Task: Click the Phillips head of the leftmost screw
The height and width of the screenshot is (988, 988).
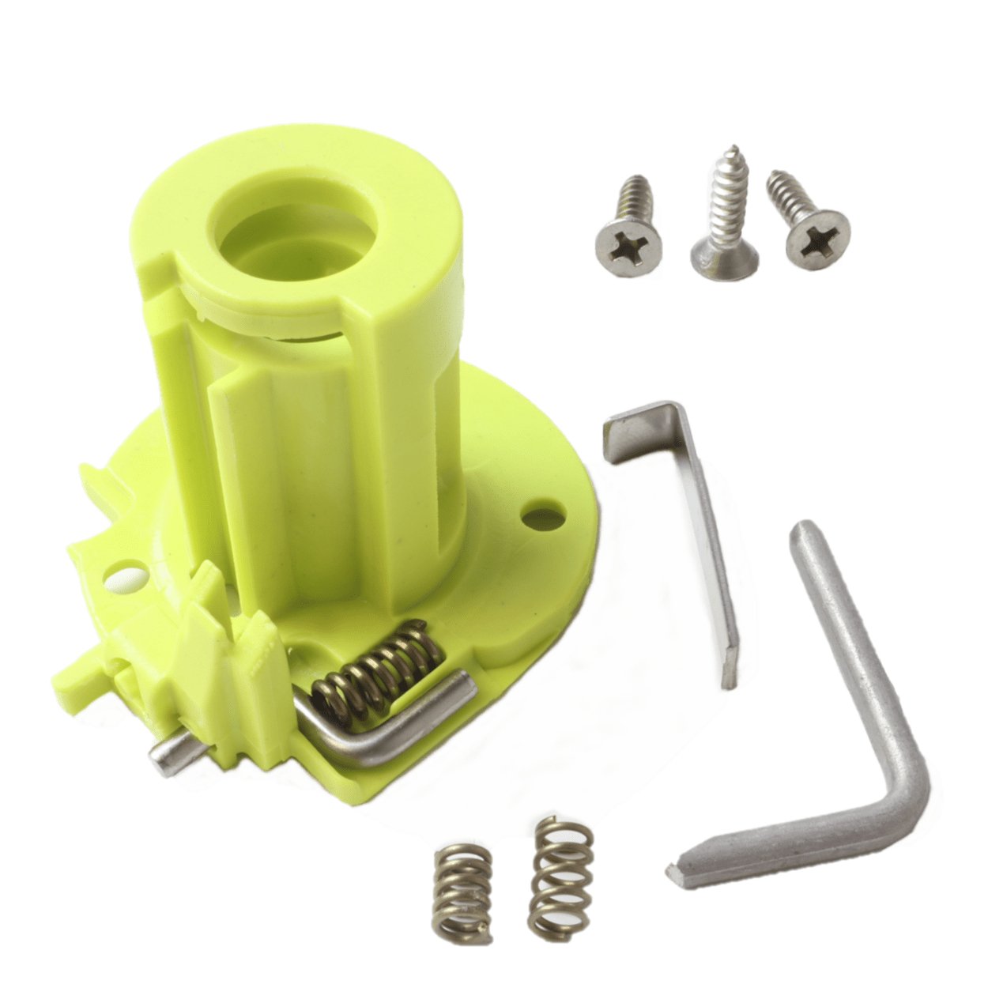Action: [629, 236]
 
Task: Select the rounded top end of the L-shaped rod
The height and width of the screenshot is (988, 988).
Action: [804, 530]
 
